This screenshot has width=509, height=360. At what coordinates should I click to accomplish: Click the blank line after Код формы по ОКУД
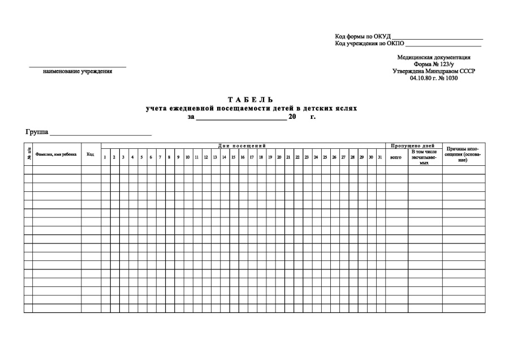438,37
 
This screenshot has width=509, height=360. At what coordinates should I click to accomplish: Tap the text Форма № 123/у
434,65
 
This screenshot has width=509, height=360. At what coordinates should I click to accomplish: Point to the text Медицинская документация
434,58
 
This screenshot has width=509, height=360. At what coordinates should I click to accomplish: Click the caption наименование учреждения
77,71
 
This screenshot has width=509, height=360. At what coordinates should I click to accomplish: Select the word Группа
37,132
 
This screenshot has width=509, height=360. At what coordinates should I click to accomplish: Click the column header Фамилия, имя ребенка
56,154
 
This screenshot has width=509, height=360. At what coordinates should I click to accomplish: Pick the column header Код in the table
90,154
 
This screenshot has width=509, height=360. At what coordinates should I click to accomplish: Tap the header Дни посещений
242,146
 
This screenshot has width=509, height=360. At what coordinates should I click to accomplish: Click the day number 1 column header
105,157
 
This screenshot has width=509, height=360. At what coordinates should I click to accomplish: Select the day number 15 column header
234,157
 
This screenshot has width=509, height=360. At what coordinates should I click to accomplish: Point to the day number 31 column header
380,157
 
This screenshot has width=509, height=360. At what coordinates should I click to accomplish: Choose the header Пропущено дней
413,146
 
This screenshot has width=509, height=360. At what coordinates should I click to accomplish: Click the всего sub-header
396,157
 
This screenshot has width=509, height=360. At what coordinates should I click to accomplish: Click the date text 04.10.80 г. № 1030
434,78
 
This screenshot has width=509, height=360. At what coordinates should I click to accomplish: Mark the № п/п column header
28,154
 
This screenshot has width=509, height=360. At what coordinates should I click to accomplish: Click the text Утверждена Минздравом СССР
434,71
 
